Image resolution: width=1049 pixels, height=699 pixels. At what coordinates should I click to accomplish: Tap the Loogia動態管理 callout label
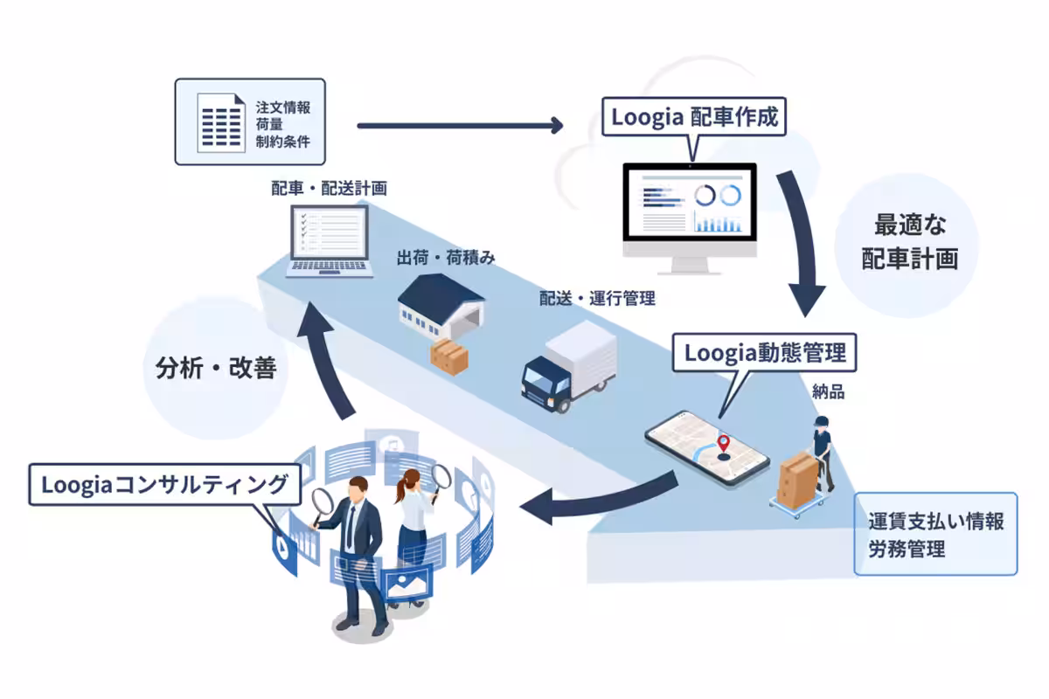764,353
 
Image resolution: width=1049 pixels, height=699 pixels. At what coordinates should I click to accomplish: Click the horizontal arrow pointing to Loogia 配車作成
460,126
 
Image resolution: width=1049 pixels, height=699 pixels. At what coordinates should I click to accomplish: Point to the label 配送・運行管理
597,299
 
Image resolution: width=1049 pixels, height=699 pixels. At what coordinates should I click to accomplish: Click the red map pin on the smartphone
723,443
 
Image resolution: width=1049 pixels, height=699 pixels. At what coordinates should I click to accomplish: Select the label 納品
828,392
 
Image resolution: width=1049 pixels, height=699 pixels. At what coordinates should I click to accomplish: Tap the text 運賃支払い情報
935,523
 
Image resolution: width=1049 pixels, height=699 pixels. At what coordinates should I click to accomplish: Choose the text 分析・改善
210,369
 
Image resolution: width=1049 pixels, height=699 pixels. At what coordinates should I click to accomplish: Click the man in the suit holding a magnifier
359,550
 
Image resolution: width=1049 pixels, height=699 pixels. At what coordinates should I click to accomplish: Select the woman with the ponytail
412,524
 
